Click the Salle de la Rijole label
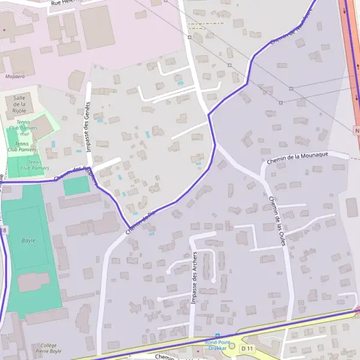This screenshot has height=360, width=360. (x=18, y=104)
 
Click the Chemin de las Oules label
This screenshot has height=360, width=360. (x=276, y=220)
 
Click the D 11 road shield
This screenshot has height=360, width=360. (x=247, y=348)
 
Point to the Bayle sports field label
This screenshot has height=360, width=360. (x=28, y=241)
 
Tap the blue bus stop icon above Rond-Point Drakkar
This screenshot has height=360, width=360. (x=217, y=335)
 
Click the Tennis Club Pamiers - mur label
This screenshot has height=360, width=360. (x=26, y=127)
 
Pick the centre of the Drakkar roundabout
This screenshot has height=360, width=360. (x=232, y=346)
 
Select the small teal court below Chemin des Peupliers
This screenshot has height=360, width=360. (x=76, y=185)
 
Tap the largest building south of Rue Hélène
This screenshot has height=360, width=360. (x=97, y=28)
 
